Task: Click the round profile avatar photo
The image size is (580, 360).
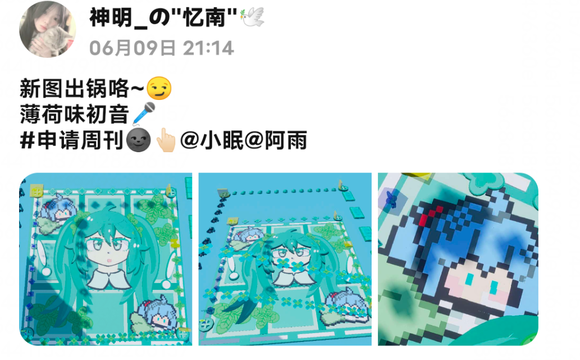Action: click(47, 29)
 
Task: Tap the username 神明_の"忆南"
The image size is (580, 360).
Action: click(163, 17)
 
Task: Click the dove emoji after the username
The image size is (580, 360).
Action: click(252, 17)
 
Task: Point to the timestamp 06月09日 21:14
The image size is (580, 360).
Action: click(162, 48)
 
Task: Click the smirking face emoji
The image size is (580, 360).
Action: click(159, 88)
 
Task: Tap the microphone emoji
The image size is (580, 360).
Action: click(144, 113)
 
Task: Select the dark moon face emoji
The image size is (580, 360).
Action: click(138, 140)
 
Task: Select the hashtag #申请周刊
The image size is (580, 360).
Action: click(71, 140)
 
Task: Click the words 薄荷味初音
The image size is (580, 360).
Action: click(74, 114)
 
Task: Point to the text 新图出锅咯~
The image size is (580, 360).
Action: click(82, 88)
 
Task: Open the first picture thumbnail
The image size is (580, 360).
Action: click(106, 259)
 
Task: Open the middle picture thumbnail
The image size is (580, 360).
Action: click(285, 259)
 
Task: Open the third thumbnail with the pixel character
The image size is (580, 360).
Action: click(458, 259)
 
